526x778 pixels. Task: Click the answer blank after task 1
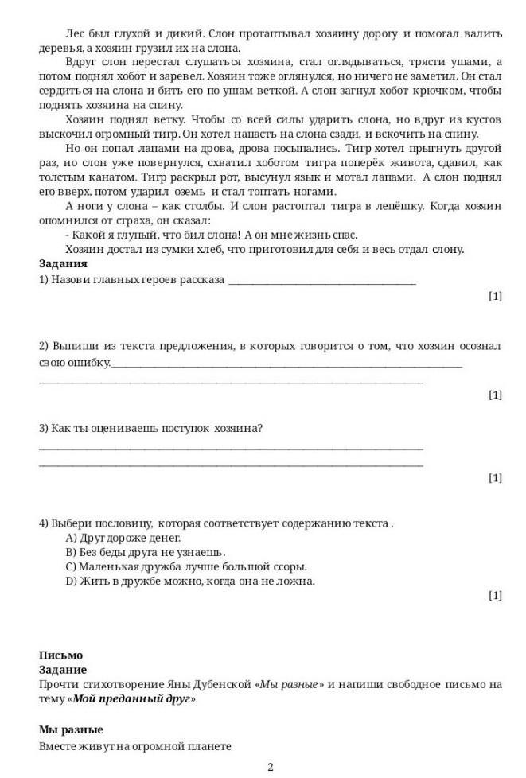321,281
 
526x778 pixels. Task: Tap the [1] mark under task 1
495,296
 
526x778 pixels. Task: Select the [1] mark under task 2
495,395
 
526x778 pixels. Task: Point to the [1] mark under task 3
495,477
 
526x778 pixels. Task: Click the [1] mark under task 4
495,595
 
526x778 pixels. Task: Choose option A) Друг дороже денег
118,538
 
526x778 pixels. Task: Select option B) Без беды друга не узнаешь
146,552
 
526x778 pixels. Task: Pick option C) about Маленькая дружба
186,566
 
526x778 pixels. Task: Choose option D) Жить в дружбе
190,581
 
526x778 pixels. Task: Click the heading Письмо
60,655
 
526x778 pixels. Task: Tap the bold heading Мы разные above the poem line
71,729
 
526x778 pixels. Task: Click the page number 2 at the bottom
271,767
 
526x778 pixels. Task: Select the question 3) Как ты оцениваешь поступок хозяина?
151,428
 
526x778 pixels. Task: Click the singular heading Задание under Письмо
63,670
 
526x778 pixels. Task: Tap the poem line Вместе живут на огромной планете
134,746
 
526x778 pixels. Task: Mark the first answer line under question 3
231,448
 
